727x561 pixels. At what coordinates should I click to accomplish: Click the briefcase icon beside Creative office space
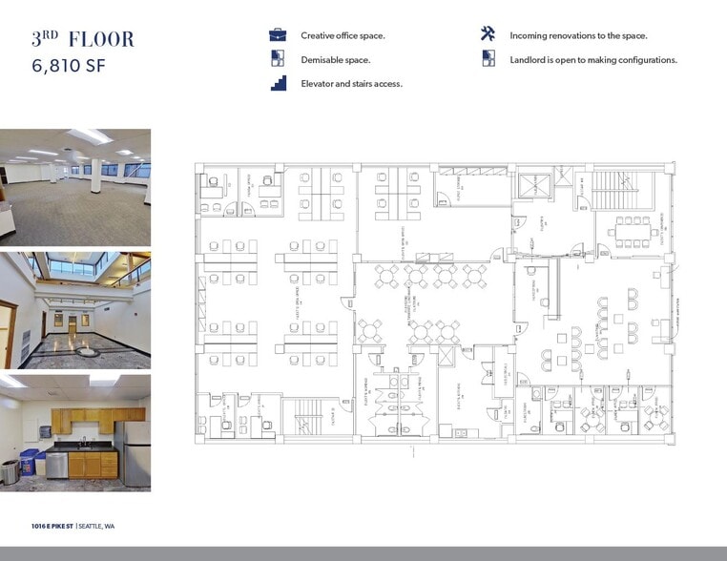tap(278, 35)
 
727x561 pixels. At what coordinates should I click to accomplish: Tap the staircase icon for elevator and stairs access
tap(278, 83)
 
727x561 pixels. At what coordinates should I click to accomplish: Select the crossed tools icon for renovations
tap(488, 34)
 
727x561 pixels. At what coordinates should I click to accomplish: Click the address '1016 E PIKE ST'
tap(52, 526)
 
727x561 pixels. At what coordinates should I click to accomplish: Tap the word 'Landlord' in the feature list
tap(530, 59)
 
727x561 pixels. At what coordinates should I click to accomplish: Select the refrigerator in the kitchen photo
tap(135, 454)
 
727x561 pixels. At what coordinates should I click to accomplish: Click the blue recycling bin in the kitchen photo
tap(31, 462)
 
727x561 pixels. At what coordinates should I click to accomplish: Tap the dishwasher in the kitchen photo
tap(57, 465)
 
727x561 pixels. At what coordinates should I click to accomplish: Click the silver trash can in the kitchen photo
tap(10, 471)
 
